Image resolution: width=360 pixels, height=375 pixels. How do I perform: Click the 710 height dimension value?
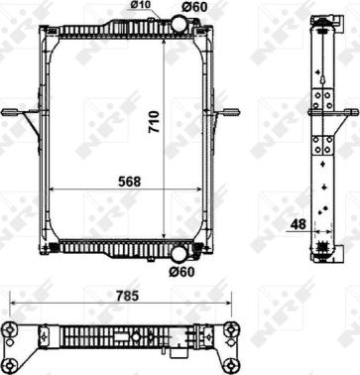[x=154, y=122]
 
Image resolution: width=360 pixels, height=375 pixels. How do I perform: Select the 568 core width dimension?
[x=129, y=182]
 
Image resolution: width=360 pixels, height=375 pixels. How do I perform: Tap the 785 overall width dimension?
[x=126, y=296]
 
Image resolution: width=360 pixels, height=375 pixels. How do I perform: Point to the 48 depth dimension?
[x=299, y=224]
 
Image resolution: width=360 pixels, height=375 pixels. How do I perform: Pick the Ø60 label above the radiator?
[x=193, y=7]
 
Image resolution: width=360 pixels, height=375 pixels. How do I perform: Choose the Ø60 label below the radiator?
[x=181, y=272]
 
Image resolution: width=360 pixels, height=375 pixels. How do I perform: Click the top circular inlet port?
[x=179, y=24]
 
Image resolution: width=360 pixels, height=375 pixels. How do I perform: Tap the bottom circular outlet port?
[x=179, y=254]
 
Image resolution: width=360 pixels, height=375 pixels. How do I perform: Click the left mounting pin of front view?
[x=12, y=112]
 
